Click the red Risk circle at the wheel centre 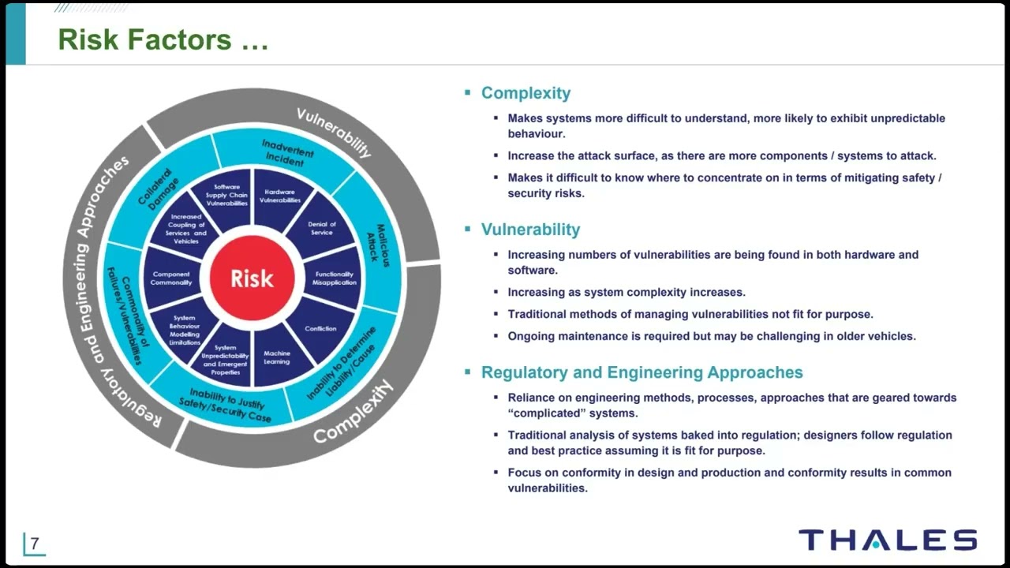(252, 278)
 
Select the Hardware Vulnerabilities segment (280, 196)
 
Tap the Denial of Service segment (321, 229)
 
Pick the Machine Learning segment (277, 357)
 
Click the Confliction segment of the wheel (320, 328)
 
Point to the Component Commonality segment (171, 278)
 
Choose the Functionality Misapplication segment (334, 278)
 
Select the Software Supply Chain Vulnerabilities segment (227, 196)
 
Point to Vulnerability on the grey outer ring (334, 132)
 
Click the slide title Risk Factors (163, 39)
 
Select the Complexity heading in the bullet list (526, 93)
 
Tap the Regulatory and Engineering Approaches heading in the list (642, 372)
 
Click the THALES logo (888, 540)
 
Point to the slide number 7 (35, 544)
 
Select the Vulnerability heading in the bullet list (530, 230)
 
